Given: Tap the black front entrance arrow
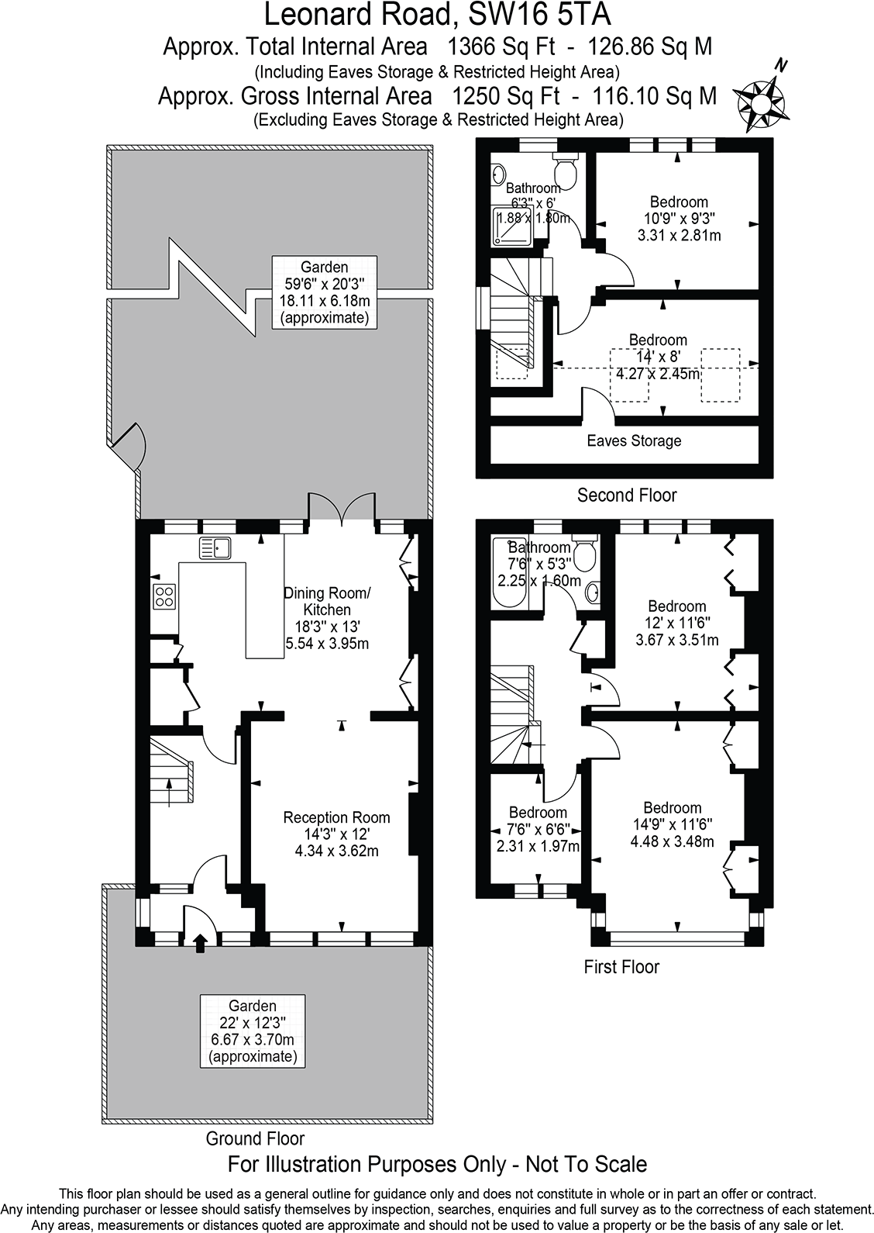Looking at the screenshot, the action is point(200,943).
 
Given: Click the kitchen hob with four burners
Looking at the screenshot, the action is point(164,596).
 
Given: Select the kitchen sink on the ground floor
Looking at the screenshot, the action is point(215,548).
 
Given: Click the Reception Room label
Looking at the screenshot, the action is point(336,817).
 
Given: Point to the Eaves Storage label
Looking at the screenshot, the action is point(634,441).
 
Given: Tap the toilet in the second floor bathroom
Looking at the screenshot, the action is point(565,168).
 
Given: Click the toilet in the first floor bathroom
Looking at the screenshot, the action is point(584,553).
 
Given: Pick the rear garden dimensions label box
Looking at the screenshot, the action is point(325,292).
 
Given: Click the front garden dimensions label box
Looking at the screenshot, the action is point(253,1031).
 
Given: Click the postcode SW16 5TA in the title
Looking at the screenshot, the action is point(539,15).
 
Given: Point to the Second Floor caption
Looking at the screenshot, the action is point(627,496).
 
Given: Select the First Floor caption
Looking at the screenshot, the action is point(621,967).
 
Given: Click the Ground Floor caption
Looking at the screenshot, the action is point(255,1138).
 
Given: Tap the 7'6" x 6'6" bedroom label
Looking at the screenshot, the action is point(538,829).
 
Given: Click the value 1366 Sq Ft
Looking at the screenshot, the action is point(501,47).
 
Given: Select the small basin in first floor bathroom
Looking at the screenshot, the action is point(593,592).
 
